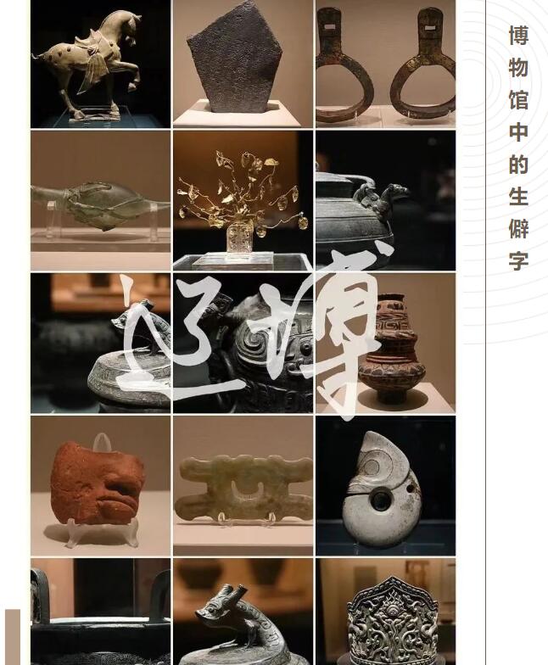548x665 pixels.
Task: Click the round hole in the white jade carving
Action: tap(380, 500)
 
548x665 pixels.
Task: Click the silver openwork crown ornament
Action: tap(392, 619)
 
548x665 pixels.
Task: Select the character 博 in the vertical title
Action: tap(518, 36)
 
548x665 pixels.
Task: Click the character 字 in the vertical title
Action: tap(518, 261)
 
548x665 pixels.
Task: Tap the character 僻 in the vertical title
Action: tap(518, 229)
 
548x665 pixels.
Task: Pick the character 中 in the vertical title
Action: tap(518, 132)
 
